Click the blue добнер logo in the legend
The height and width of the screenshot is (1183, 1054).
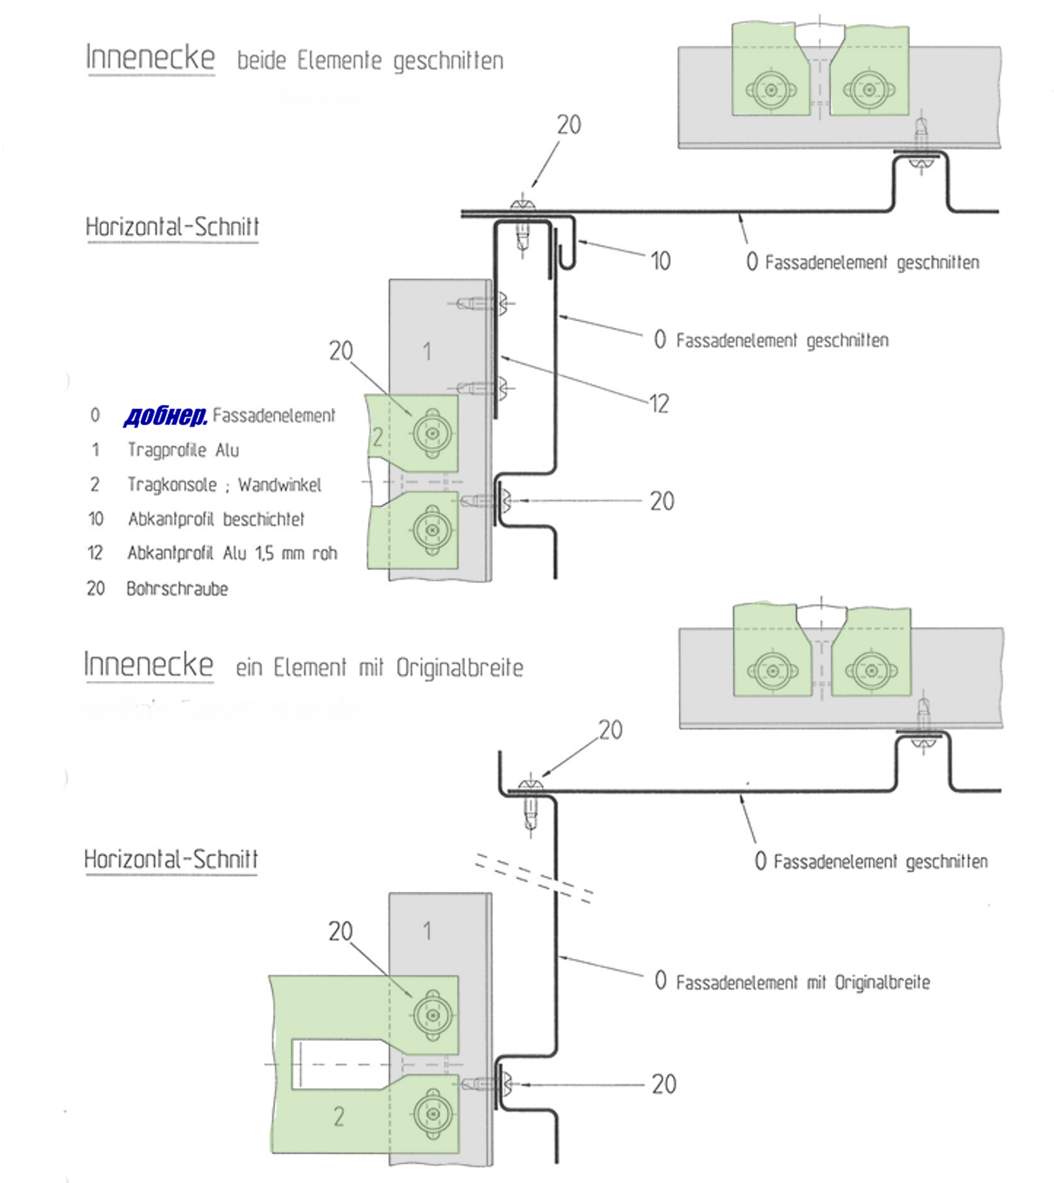(x=166, y=416)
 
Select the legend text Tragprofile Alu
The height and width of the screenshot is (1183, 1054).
(x=183, y=450)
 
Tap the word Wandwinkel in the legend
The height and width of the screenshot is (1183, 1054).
(x=280, y=485)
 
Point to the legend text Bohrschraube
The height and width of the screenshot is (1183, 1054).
(x=177, y=588)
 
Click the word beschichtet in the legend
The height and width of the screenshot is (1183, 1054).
(x=263, y=519)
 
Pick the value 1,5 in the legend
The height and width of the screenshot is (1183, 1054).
(x=265, y=554)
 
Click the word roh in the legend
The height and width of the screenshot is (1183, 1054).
(x=325, y=554)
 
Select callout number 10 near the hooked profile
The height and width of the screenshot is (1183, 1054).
(x=660, y=262)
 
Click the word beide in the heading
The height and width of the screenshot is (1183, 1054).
(x=262, y=61)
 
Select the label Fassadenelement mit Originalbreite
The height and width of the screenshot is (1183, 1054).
(x=803, y=983)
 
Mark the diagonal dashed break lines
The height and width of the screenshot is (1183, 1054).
(x=533, y=877)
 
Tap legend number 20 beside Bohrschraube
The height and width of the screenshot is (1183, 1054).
(x=96, y=588)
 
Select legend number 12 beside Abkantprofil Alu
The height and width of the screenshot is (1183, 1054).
(x=95, y=553)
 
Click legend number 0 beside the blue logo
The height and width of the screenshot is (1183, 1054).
(x=95, y=415)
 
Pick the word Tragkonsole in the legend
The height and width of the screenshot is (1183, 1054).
(x=172, y=485)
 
